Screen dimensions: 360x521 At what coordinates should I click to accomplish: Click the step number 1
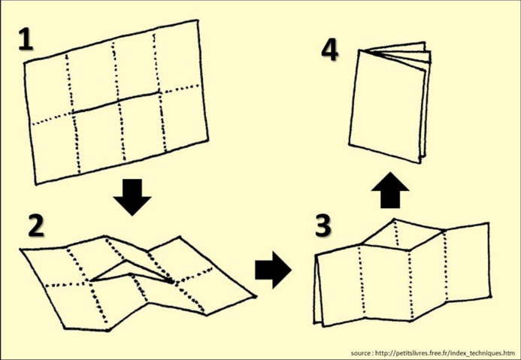coord(26,38)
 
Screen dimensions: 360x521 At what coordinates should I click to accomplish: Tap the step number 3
coord(323,225)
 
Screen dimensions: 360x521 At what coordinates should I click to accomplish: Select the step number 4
coord(329,50)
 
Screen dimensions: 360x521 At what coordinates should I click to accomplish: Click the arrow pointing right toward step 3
coord(273,269)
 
